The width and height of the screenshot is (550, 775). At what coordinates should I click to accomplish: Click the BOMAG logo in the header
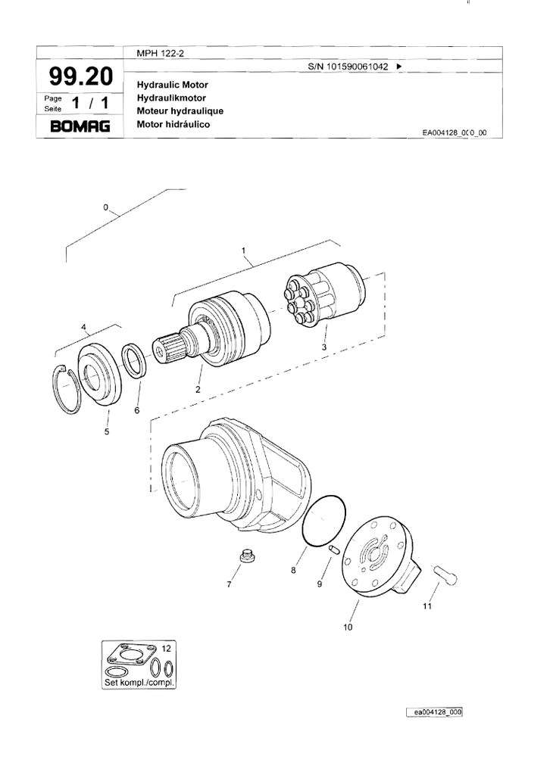[x=80, y=126]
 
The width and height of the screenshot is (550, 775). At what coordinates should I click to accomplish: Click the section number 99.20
[x=80, y=76]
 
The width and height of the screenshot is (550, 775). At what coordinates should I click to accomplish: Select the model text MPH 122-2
[x=155, y=52]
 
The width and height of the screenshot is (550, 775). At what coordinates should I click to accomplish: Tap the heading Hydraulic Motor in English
[x=172, y=85]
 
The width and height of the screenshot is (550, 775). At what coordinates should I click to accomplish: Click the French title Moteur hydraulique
[x=180, y=110]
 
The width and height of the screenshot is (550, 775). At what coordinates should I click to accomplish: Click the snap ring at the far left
[x=70, y=387]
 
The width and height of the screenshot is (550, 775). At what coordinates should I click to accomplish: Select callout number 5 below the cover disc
[x=107, y=431]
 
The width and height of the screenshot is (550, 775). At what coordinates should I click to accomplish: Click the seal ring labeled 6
[x=135, y=360]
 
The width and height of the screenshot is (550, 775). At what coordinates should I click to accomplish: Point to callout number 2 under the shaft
[x=198, y=390]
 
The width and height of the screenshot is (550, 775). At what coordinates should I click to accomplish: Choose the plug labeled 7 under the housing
[x=245, y=556]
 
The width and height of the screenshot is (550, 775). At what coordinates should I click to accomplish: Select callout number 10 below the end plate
[x=348, y=627]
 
